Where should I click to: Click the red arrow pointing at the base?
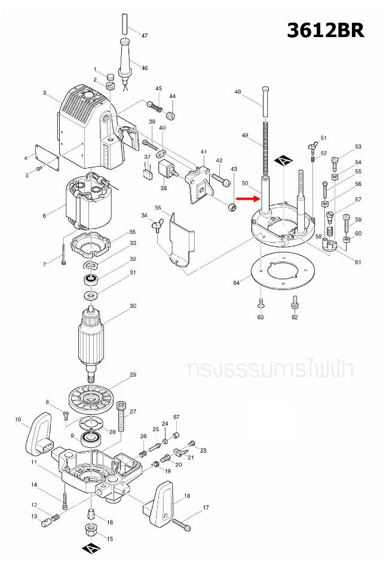[245, 199]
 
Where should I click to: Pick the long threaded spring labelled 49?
[264, 149]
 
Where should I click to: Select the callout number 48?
[238, 92]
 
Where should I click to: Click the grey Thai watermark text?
[269, 369]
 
